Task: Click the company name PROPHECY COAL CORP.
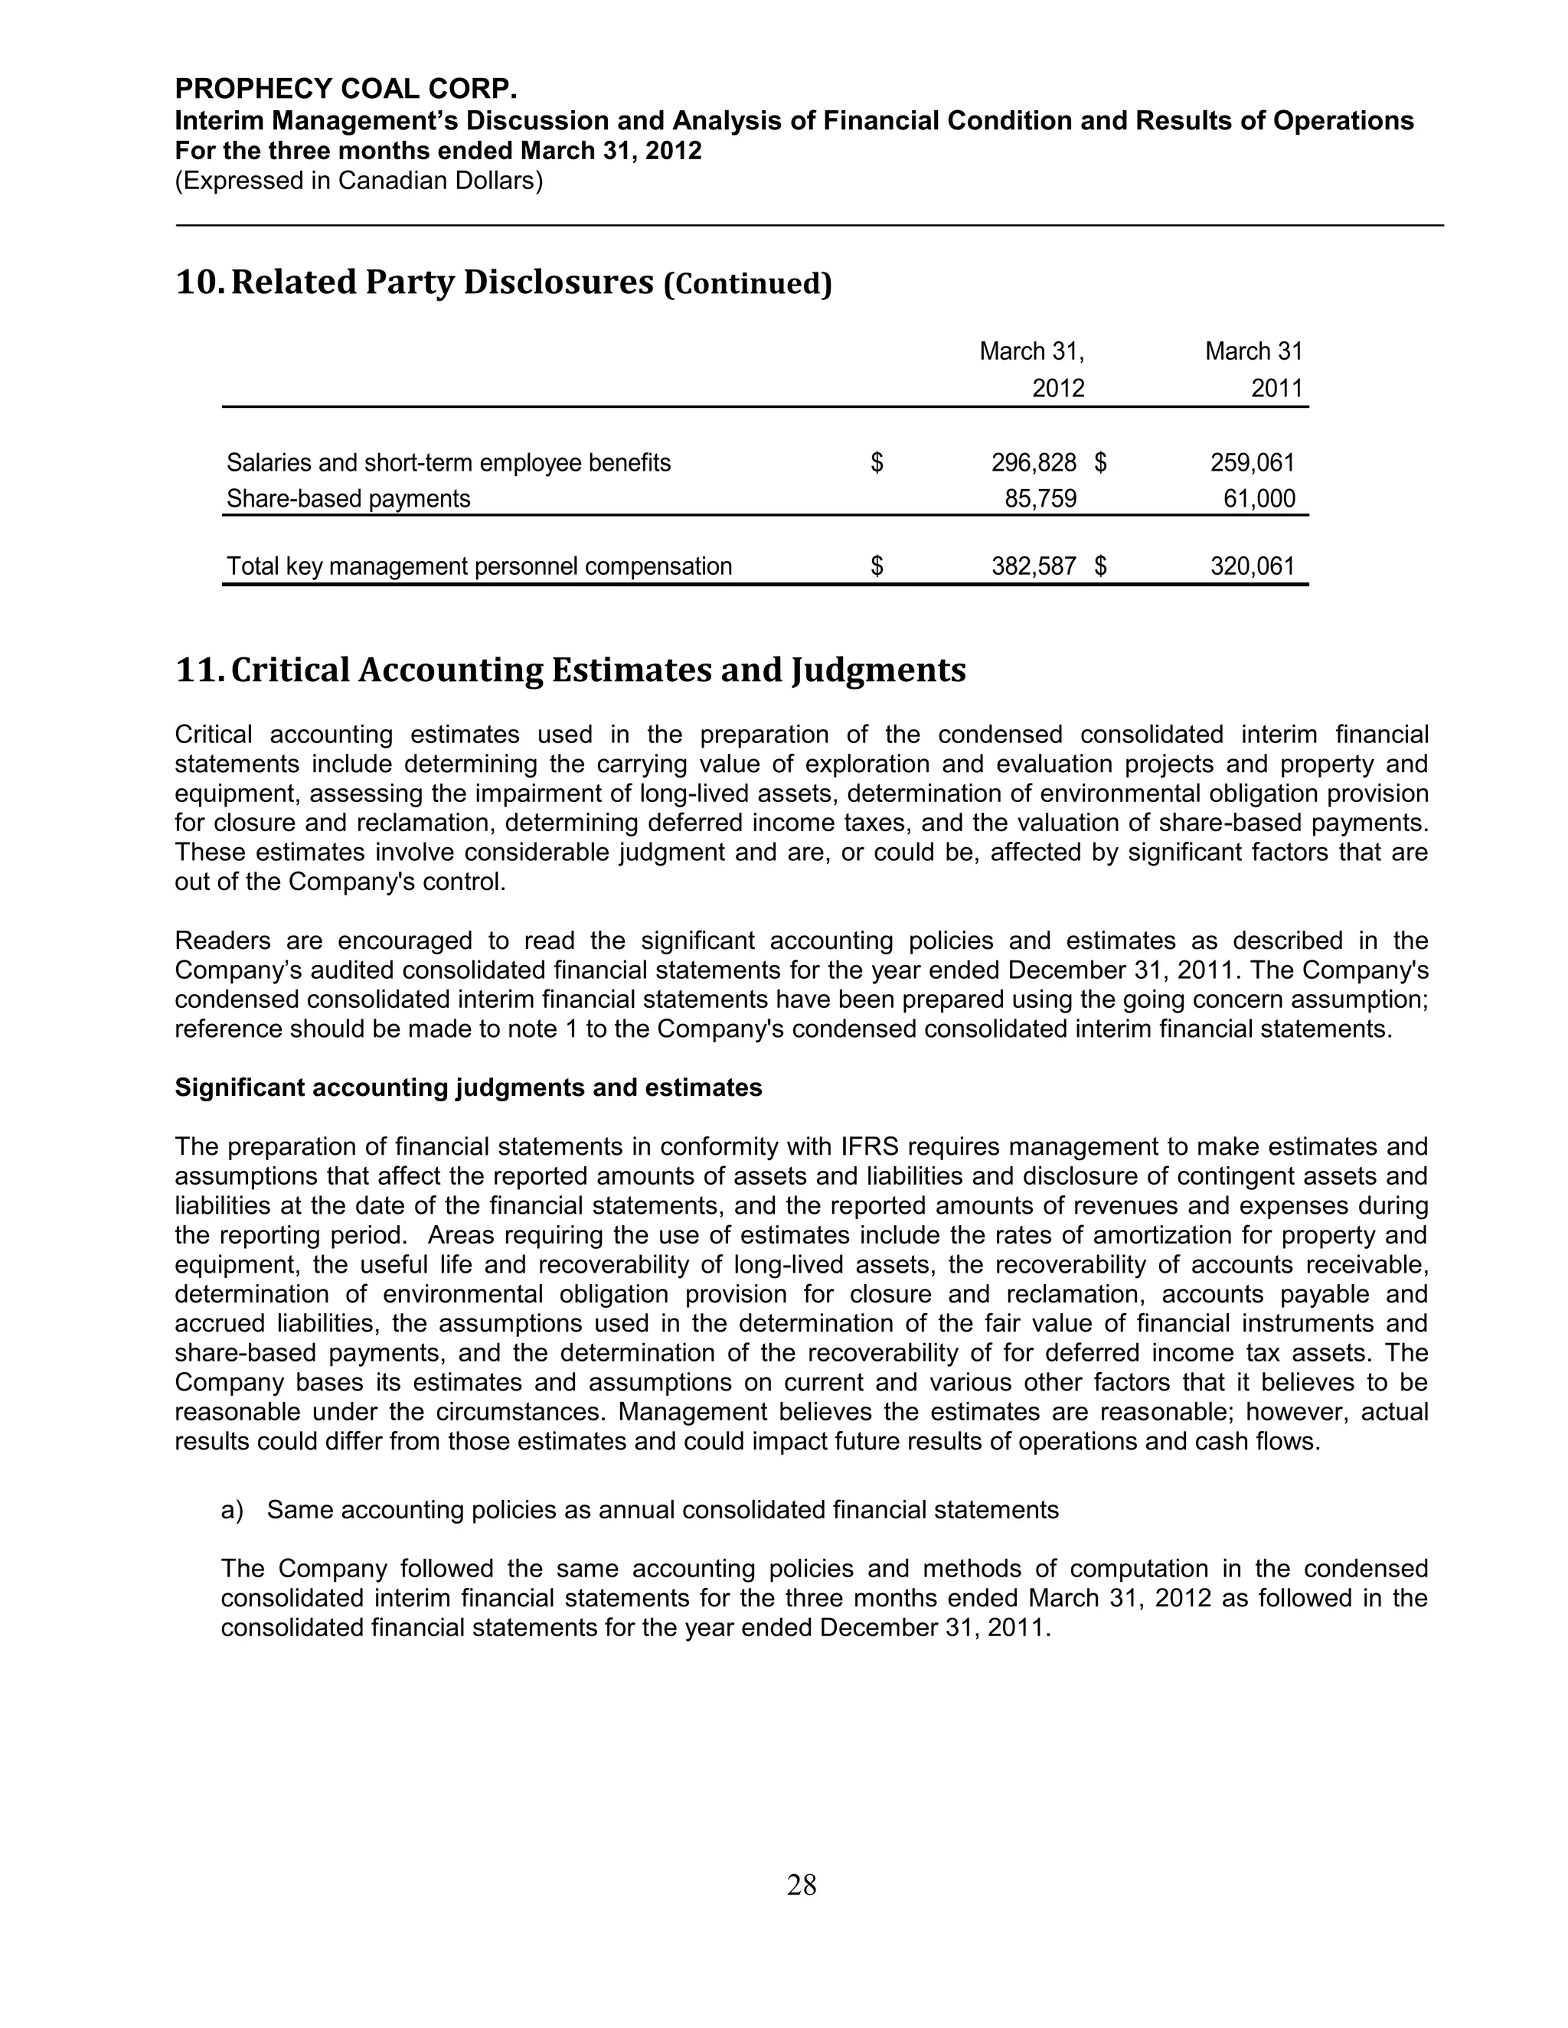345,89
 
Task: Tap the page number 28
802,1884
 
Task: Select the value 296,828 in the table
1034,462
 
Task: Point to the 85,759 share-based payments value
1040,499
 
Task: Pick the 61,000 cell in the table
1259,499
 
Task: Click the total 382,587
1034,566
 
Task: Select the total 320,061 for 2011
1252,566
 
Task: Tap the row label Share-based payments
348,499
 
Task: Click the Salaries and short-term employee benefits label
449,462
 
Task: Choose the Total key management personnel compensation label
479,566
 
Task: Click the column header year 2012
1058,388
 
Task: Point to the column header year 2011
1276,388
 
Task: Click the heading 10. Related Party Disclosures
414,282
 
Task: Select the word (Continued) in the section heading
748,284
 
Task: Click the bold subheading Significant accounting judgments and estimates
468,1087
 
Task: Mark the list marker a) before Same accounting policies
232,1510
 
